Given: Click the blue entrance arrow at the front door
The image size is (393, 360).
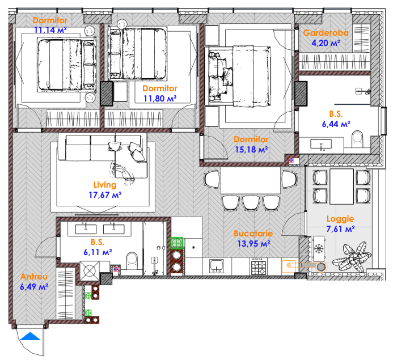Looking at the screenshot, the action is click(x=30, y=336).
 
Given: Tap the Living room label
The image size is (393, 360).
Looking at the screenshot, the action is click(x=105, y=185).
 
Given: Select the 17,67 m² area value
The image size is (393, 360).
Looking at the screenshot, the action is click(x=105, y=195).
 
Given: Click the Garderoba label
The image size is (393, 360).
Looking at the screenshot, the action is click(x=326, y=33).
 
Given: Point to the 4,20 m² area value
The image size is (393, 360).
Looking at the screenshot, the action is click(x=326, y=43).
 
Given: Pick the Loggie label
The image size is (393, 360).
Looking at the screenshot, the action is click(x=340, y=219).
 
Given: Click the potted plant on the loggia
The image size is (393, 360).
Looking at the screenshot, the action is click(x=352, y=257).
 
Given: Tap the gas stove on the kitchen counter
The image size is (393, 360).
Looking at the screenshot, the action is click(x=259, y=267).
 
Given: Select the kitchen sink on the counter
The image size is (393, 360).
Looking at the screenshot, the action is click(x=217, y=266).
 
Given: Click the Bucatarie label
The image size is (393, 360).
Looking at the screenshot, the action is click(x=253, y=234).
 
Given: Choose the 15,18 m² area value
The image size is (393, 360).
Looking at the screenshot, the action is click(x=251, y=150).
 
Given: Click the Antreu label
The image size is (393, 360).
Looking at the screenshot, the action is click(x=34, y=277).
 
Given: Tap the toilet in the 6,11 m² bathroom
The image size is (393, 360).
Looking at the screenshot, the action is click(x=132, y=261).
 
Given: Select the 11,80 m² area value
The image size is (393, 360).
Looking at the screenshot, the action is click(x=160, y=99).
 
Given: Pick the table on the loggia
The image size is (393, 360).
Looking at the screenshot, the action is click(x=341, y=187).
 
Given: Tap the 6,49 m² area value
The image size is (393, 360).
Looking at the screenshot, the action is click(x=34, y=287).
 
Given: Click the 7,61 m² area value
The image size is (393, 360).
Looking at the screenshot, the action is click(x=340, y=229).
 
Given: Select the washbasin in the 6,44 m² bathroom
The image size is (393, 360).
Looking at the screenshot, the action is click(x=321, y=145).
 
